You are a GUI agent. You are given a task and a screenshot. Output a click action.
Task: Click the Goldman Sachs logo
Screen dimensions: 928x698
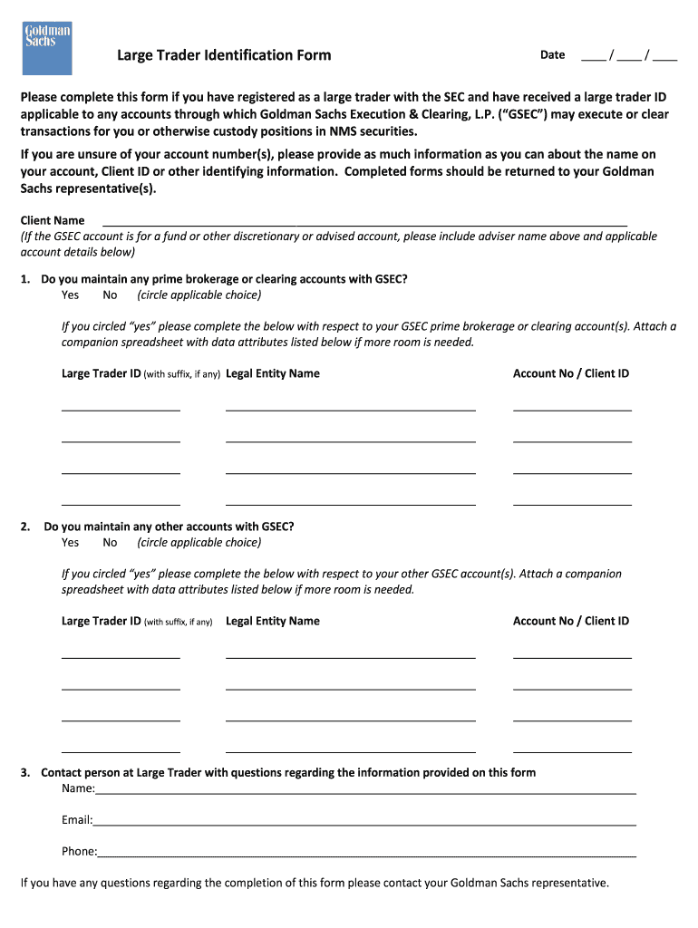click(x=46, y=49)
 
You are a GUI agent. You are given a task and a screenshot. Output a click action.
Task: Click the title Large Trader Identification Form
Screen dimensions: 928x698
click(x=224, y=55)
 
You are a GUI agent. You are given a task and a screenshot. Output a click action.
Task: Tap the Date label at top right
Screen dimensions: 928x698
click(x=552, y=55)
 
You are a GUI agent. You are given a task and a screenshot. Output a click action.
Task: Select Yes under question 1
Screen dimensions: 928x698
click(x=70, y=295)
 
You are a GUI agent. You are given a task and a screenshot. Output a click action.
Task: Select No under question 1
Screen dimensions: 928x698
click(x=110, y=295)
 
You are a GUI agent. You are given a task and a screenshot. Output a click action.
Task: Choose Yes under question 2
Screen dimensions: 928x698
click(x=70, y=543)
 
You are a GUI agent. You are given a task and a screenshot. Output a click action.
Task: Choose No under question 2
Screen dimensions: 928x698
click(x=110, y=543)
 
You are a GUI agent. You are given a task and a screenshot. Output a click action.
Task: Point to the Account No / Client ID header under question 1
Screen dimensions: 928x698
click(x=571, y=373)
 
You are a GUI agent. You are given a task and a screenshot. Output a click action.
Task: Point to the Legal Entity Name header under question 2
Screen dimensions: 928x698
click(x=272, y=621)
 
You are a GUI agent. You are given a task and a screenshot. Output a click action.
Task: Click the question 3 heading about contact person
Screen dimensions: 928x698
click(x=287, y=773)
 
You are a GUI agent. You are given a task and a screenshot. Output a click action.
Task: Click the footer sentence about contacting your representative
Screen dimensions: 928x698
click(x=315, y=883)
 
